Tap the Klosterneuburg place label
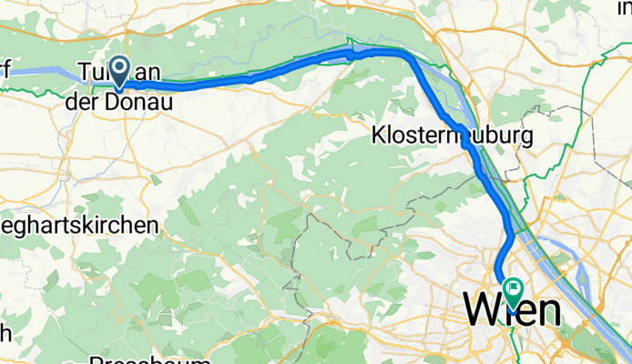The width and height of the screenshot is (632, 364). tap(453, 136)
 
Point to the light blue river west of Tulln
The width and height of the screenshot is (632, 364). tap(36, 71)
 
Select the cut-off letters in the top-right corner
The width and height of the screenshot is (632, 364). tap(622, 7)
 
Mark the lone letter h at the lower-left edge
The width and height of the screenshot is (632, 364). tap(5, 332)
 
